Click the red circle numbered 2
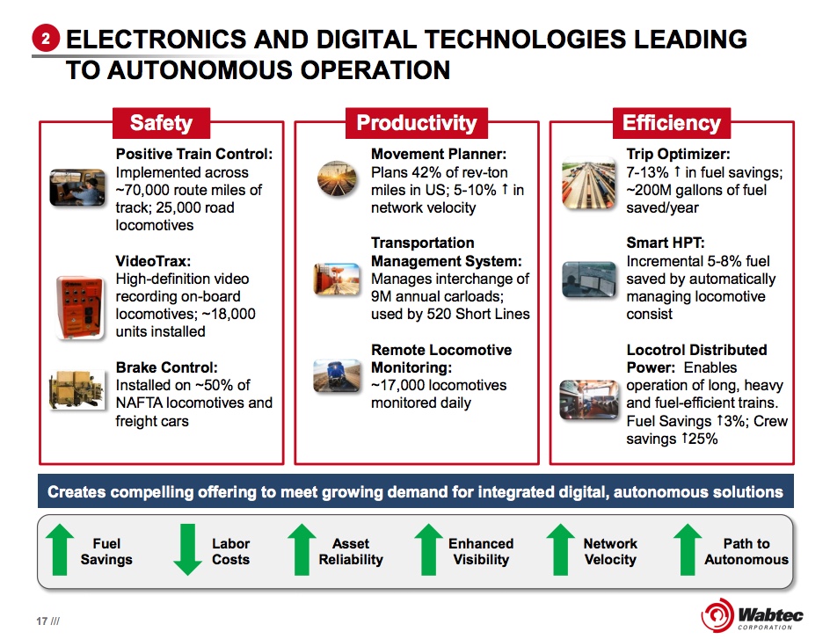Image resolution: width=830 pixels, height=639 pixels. point(46,39)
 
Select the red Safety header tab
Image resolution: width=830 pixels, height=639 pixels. point(162,123)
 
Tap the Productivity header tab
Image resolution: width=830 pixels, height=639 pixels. point(417,123)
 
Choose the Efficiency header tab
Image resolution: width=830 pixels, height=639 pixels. point(672,123)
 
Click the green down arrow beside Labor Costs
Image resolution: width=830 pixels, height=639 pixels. point(187,549)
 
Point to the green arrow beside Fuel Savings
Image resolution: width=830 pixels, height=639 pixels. point(60,549)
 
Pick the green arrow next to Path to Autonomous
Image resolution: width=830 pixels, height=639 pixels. point(688,549)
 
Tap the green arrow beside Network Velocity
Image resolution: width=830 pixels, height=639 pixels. point(561,549)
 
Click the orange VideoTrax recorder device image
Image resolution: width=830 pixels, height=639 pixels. point(79,307)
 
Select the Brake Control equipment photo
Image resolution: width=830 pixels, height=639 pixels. point(76,390)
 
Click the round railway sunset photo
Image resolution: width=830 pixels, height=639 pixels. point(337,178)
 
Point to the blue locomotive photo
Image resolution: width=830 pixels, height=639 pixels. point(337,376)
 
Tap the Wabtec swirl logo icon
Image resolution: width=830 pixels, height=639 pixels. point(717,615)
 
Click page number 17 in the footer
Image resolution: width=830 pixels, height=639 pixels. point(42,621)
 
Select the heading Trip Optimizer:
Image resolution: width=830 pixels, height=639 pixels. point(678,154)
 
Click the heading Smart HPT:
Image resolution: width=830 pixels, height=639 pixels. point(666,243)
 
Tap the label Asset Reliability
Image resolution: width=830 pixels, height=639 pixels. point(351,551)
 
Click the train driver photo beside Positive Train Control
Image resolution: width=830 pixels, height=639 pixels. point(77,187)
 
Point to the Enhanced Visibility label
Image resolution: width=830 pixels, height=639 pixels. point(481,551)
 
